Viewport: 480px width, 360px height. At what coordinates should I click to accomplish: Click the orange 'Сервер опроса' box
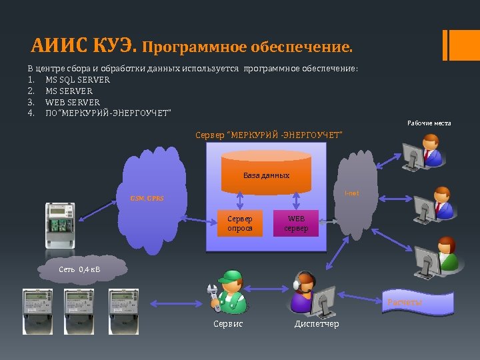point(240,223)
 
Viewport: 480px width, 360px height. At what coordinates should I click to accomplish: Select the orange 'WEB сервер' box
point(296,223)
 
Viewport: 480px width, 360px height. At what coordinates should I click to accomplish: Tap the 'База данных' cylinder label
point(266,175)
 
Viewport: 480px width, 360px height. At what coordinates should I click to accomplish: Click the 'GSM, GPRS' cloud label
point(147,198)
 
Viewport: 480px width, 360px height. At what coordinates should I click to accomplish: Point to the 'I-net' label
point(351,193)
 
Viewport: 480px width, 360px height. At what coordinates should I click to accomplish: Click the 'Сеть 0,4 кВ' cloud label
point(80,269)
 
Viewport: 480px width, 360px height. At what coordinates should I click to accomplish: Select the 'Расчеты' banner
point(405,303)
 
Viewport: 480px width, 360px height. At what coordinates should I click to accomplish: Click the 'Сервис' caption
point(228,324)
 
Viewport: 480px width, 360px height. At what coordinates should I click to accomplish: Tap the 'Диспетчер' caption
point(317,324)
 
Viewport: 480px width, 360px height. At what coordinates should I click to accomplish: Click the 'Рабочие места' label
point(429,123)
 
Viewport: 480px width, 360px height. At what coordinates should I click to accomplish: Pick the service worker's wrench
point(213,297)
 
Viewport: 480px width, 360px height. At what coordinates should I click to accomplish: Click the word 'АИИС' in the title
point(59,47)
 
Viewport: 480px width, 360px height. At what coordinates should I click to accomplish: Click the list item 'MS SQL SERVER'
point(77,80)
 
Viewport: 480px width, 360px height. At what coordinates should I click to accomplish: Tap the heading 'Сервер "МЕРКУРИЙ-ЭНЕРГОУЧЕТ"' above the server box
point(269,135)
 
